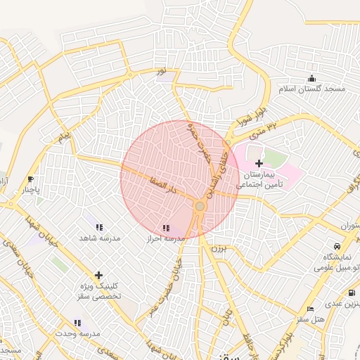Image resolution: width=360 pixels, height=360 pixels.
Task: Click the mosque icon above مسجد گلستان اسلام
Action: coord(311,77)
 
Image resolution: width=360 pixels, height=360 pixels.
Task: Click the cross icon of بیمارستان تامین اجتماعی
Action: coord(259,163)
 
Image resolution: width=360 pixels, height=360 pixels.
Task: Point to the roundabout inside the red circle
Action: coord(200,206)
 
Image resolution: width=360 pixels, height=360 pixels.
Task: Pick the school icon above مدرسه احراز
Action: coord(166,228)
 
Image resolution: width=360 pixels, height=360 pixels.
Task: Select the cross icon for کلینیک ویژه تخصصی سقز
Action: coord(98,275)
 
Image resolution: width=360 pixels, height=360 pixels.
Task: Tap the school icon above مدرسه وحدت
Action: coord(77,323)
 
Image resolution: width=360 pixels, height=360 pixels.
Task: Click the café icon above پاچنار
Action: coord(30,179)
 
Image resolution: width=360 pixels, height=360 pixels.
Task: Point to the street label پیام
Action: coord(65,133)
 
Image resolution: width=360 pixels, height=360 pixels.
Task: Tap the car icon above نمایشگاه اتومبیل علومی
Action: coord(338,246)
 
